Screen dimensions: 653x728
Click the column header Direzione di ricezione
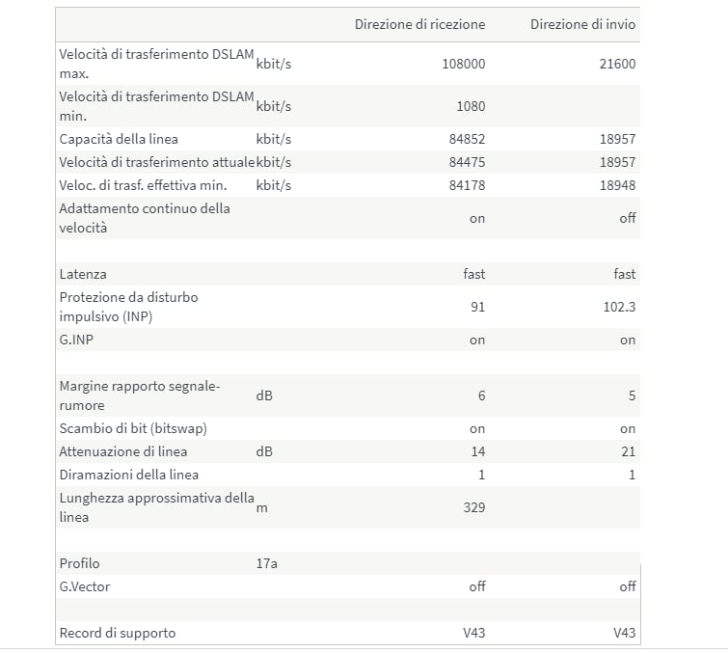coord(419,24)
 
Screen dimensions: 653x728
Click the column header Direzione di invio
coord(582,24)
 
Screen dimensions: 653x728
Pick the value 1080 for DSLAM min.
coord(469,106)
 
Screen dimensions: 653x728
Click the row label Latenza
coord(83,274)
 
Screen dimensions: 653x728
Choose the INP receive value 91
coord(477,307)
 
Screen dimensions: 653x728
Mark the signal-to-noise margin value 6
coord(481,395)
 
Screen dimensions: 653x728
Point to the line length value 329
coord(474,507)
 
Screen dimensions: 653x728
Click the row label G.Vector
coord(84,586)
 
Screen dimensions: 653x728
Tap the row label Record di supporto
coord(118,633)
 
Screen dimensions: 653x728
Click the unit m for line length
coord(261,508)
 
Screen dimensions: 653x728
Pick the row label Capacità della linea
coord(119,139)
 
